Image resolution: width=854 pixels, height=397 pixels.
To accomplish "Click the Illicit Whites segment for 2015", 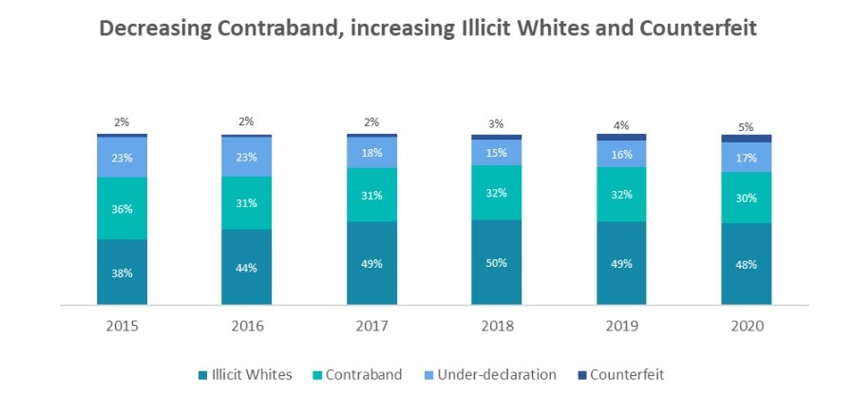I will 122,272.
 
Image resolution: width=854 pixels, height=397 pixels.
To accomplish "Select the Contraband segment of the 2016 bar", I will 246,202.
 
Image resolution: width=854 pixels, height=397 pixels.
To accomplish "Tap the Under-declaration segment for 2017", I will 371,153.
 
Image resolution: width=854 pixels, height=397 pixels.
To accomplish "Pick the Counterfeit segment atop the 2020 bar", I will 746,139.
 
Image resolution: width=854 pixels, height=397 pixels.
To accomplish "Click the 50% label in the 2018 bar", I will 496,262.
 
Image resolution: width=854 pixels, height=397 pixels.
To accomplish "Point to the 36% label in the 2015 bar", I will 122,208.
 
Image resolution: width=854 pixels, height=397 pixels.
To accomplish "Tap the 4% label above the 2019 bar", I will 621,123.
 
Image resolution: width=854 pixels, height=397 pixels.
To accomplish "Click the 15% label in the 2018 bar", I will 496,153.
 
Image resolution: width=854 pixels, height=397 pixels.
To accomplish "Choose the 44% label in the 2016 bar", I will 246,268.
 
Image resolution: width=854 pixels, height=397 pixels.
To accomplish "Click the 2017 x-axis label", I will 371,326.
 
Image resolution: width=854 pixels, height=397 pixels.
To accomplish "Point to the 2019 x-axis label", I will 621,326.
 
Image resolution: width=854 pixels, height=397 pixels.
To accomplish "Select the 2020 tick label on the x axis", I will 746,326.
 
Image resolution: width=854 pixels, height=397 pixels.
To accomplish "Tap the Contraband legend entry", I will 359,374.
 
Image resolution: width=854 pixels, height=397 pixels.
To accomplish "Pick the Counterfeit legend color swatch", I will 580,374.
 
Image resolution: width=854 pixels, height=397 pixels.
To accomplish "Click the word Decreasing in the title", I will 154,29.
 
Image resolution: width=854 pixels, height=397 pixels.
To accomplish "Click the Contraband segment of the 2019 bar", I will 621,195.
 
